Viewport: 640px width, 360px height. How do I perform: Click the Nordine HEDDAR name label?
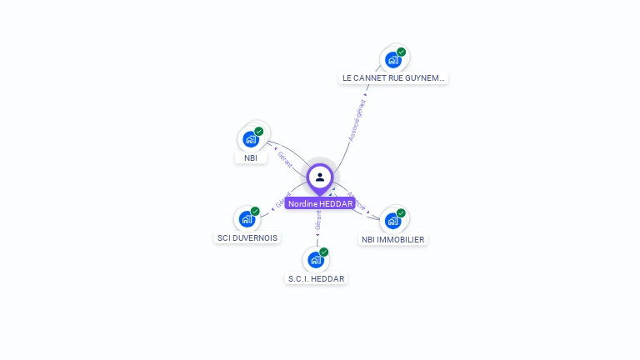[320, 203]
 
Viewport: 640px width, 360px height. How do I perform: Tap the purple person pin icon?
[320, 177]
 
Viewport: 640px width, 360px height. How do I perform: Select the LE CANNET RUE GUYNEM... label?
[393, 78]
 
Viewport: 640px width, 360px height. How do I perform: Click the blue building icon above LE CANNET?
[392, 60]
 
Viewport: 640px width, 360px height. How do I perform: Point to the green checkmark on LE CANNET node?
[401, 52]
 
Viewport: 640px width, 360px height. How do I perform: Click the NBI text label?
[251, 157]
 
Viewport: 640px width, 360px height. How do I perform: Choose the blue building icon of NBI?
[250, 139]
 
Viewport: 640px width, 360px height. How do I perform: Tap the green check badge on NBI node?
[259, 132]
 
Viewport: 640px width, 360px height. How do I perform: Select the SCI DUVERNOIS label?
[247, 237]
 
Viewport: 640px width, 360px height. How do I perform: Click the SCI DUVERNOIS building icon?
[247, 219]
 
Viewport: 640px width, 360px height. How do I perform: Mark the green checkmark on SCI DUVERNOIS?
[255, 212]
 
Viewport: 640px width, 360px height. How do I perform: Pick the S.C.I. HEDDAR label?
[316, 278]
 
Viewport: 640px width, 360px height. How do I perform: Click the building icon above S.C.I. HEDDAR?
[315, 260]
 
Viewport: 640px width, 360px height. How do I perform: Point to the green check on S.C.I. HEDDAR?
[324, 252]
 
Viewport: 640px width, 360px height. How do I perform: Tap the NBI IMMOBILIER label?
[392, 239]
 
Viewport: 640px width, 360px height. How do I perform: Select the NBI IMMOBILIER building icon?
[392, 221]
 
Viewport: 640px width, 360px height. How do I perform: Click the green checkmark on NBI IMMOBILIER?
[401, 213]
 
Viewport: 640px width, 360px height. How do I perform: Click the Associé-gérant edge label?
[357, 121]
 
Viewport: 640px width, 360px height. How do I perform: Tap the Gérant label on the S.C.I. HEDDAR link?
[317, 219]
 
